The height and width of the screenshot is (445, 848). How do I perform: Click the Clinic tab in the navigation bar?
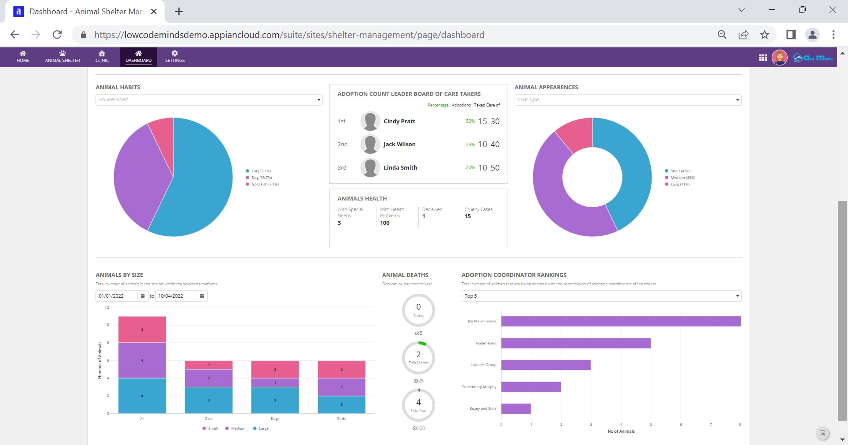(x=102, y=57)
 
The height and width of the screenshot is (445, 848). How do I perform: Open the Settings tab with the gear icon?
(x=175, y=57)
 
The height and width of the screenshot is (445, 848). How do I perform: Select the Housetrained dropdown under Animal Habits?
(x=209, y=100)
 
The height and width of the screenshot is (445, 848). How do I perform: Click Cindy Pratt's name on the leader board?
(x=399, y=121)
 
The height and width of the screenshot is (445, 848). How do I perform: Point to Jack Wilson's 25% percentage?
(x=470, y=145)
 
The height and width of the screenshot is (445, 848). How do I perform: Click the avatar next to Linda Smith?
(x=370, y=168)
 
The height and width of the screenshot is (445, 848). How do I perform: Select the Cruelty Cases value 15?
(x=468, y=216)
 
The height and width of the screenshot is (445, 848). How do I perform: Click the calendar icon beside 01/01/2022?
(x=142, y=296)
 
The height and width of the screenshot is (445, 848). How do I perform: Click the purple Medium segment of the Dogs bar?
(x=275, y=383)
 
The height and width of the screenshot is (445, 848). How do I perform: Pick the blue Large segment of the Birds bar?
(x=341, y=405)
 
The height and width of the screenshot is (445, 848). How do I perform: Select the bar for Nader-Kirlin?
(x=576, y=343)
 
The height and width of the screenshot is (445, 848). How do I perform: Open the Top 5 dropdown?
(x=601, y=296)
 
